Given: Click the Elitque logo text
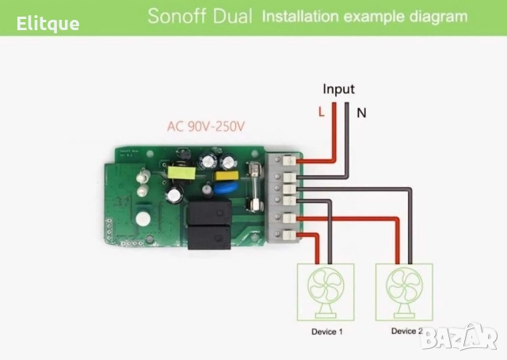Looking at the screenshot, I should tap(48, 23).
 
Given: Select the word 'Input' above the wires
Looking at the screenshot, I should tap(338, 90).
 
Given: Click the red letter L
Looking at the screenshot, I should tap(321, 113).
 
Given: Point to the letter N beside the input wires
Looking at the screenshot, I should tap(361, 113).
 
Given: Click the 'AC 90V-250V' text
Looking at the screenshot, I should tap(206, 126).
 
